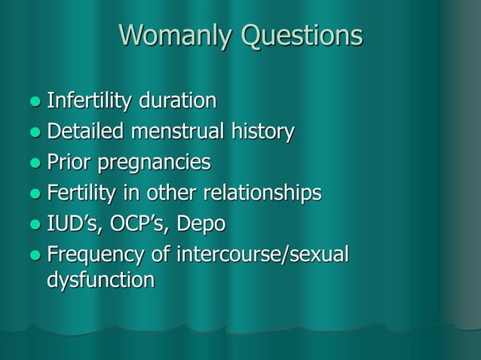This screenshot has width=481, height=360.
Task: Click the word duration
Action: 182,100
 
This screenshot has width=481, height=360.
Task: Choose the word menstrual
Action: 176,132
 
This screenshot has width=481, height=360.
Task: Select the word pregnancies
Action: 155,163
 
